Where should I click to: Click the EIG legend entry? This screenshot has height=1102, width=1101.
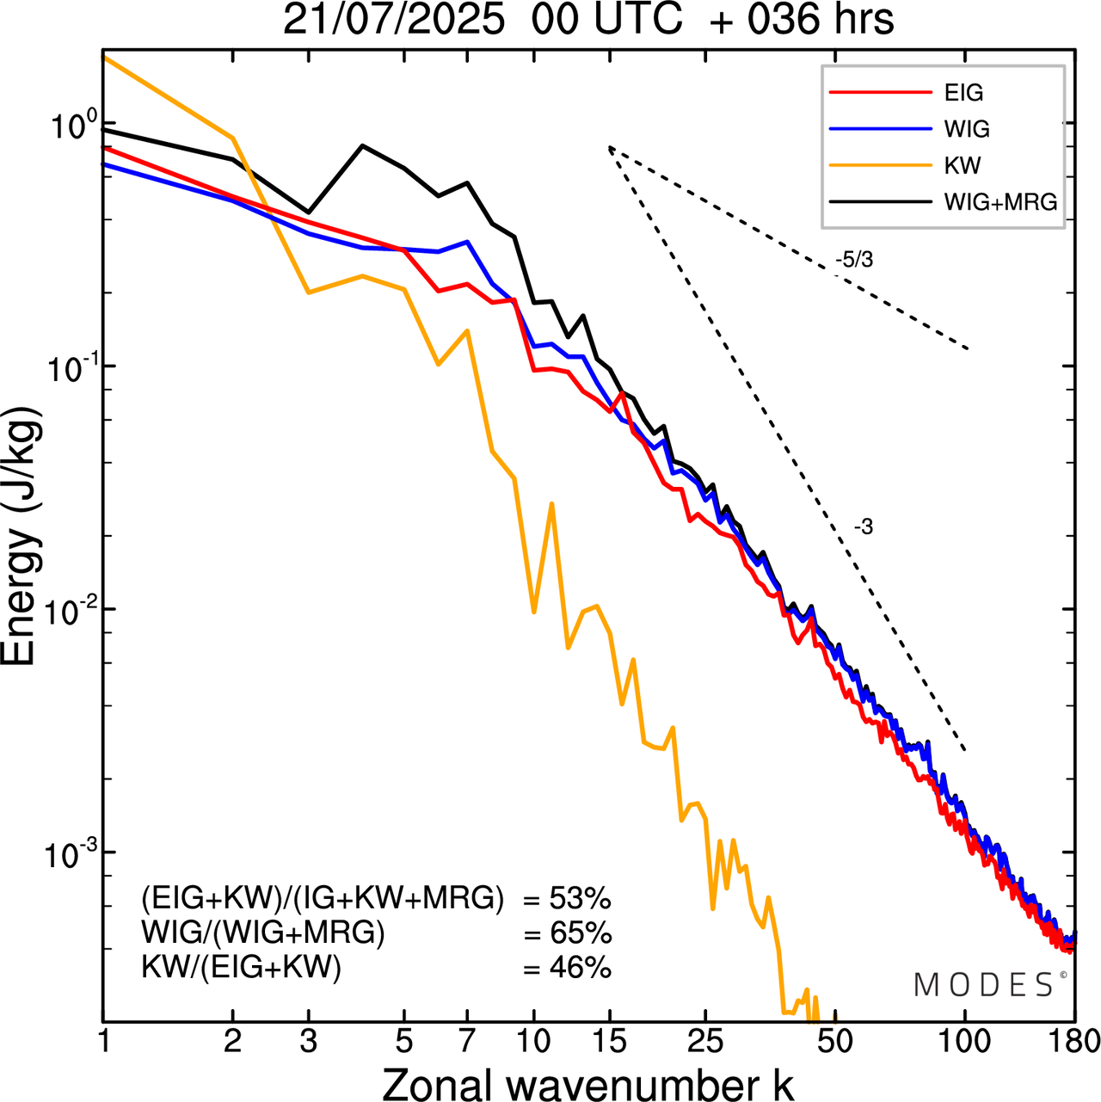[963, 93]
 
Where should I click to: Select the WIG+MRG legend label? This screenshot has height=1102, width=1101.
[1000, 202]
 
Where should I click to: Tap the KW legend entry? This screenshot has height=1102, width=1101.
[962, 165]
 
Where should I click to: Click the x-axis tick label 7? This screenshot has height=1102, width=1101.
[467, 1042]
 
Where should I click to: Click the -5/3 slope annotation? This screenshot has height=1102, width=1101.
[853, 260]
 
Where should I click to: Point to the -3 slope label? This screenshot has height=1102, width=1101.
[863, 527]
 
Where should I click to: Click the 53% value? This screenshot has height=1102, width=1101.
[579, 899]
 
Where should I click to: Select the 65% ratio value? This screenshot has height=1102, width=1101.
[580, 933]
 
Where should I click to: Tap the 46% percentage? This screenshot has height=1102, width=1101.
[580, 968]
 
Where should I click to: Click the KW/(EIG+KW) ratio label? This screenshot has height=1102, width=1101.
[242, 968]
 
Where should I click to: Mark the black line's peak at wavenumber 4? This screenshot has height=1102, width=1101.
[362, 145]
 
